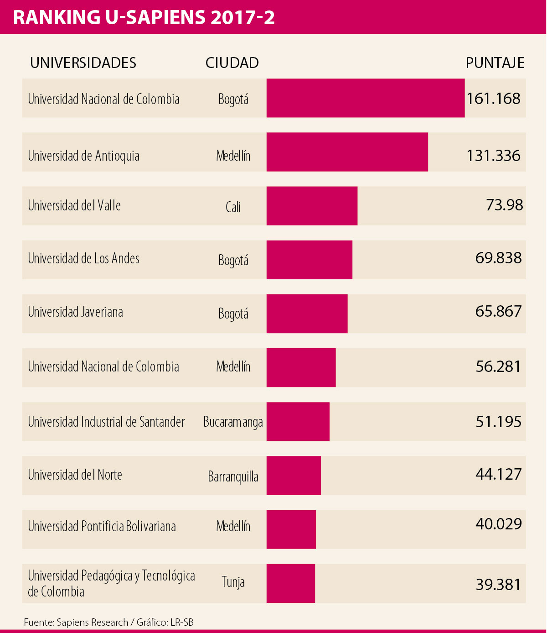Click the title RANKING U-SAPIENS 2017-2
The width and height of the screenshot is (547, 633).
coord(144,17)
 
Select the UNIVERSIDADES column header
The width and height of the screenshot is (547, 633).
coord(83,63)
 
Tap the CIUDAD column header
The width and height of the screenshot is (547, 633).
coord(232,63)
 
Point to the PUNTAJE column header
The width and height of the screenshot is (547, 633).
coord(495,63)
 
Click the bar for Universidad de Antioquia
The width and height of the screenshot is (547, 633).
coord(347,152)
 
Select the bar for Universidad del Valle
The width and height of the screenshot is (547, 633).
coord(312,206)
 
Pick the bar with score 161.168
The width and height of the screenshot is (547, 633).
coord(366,98)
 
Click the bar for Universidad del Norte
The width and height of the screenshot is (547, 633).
coord(294,476)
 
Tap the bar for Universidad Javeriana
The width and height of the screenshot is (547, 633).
coord(307,314)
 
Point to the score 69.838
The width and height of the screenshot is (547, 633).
coord(498,258)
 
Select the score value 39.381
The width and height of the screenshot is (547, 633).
coord(498,585)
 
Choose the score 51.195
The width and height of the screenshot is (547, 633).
coord(498,422)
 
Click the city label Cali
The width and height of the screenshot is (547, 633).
coord(233,207)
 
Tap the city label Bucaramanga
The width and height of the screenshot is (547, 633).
coord(233,422)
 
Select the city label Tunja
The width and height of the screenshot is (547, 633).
coord(233,582)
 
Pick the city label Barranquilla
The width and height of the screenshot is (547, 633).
coord(233,477)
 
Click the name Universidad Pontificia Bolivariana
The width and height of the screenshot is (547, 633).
coord(102,527)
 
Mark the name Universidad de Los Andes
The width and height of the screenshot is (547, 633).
coord(83,259)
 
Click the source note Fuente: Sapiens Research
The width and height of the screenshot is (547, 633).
coord(76,623)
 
